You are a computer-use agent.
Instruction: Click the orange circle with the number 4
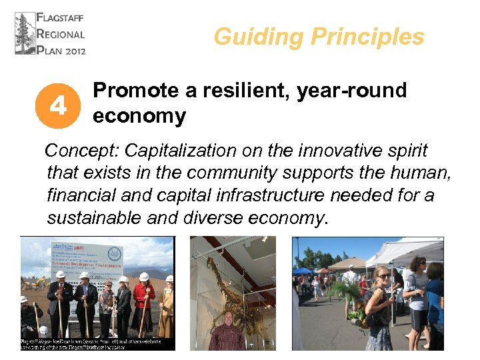point(58,105)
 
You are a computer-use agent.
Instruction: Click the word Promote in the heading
point(135,91)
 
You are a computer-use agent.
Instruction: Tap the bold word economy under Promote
point(139,116)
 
